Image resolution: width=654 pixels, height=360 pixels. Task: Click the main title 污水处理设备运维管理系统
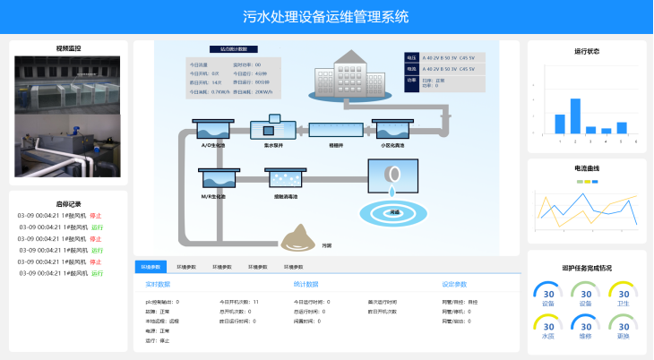(x=326, y=16)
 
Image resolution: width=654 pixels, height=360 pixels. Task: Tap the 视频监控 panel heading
(x=68, y=48)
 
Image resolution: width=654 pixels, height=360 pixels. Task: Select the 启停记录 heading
(x=68, y=203)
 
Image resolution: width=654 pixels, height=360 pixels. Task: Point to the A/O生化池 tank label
(x=213, y=145)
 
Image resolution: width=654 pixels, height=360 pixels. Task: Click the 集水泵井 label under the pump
(x=274, y=145)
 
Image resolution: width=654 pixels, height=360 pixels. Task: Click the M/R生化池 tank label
(x=213, y=195)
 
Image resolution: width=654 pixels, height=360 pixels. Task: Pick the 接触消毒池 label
(x=286, y=195)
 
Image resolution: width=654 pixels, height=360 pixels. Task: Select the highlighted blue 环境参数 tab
(x=151, y=267)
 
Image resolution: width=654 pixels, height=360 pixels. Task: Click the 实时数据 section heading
(x=158, y=284)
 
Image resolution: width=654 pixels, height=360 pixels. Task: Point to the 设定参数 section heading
(x=454, y=284)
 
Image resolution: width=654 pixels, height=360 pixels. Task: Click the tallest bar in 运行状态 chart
(x=575, y=116)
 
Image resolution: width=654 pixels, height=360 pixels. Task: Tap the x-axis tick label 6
(x=636, y=141)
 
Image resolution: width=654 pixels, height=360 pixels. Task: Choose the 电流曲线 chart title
(x=587, y=168)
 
